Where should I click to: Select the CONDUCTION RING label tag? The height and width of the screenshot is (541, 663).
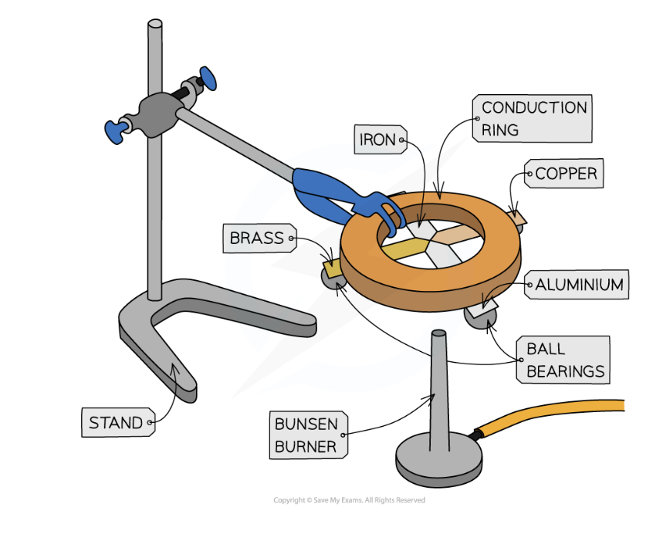[532, 118]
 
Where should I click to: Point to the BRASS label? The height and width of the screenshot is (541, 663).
[257, 238]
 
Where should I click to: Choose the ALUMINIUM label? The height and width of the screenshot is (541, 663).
[579, 285]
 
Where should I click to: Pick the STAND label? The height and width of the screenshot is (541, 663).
[116, 422]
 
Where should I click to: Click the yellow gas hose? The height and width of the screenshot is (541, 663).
[556, 414]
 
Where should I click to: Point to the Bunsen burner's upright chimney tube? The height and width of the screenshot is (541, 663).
[439, 386]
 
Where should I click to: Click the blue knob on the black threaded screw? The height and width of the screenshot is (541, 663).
[208, 77]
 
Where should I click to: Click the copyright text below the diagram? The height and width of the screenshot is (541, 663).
[349, 500]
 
